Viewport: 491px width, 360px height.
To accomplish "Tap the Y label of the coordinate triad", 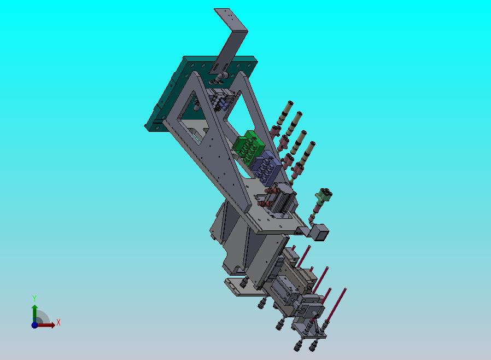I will (34, 299).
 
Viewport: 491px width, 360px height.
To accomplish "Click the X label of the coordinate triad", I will (59, 323).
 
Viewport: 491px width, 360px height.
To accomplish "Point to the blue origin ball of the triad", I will (35, 325).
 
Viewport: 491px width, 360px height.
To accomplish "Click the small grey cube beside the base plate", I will (320, 232).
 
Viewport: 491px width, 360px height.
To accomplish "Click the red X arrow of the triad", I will (46, 325).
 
